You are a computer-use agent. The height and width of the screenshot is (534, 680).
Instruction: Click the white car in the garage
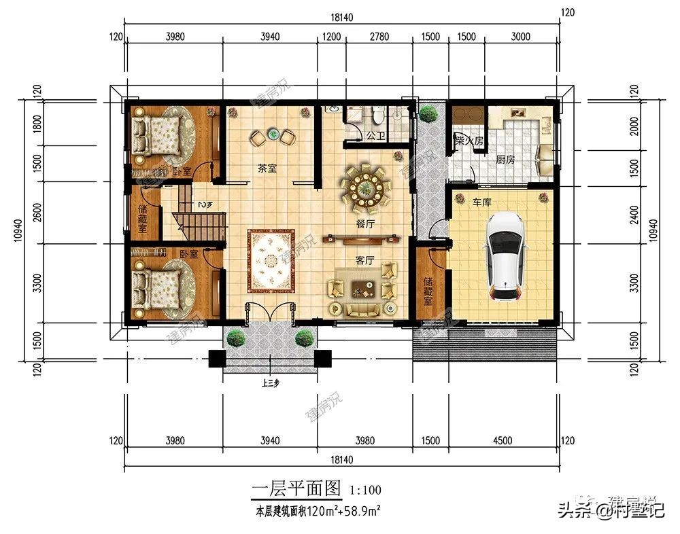[x=504, y=257]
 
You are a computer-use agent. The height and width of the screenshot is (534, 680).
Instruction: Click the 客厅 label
[x=365, y=260]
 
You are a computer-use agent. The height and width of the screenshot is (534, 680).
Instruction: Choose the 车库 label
[x=482, y=202]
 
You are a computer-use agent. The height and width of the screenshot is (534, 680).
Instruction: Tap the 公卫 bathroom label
[x=375, y=136]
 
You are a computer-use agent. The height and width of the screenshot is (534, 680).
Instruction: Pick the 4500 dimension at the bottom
[x=501, y=440]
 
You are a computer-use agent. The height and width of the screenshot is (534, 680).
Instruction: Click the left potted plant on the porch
[x=235, y=338]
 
